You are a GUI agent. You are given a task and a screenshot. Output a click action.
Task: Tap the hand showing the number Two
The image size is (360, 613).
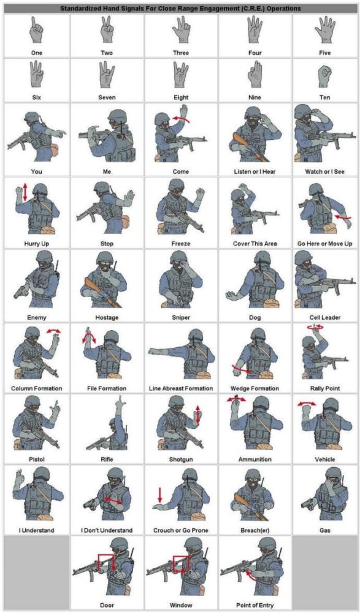[107, 31]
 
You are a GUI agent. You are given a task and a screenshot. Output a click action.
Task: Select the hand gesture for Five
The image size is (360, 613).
[325, 31]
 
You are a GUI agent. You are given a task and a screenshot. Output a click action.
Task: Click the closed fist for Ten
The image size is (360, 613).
[325, 75]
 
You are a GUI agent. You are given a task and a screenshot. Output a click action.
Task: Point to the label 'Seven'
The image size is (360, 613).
[107, 98]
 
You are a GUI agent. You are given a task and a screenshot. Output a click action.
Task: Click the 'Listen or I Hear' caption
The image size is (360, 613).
[254, 172]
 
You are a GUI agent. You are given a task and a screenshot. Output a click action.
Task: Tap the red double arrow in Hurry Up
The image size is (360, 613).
[25, 192]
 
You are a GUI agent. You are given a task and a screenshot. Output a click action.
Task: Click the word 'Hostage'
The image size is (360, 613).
[107, 318]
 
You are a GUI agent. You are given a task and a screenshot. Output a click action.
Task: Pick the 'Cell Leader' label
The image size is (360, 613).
[325, 318]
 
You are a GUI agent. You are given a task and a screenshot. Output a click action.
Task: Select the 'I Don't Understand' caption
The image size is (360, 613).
[107, 530]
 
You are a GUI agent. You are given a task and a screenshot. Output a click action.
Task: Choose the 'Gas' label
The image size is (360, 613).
[325, 530]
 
